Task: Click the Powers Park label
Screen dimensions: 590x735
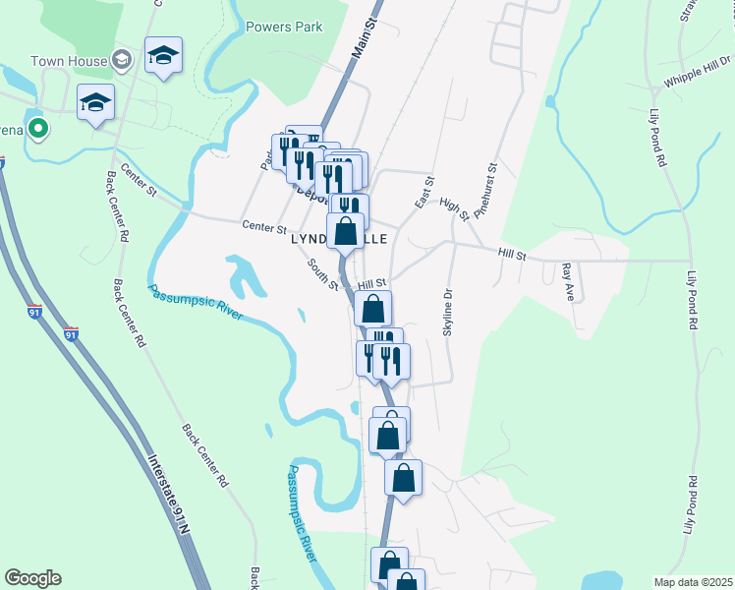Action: click(x=284, y=28)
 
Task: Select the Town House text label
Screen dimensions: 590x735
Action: click(x=69, y=61)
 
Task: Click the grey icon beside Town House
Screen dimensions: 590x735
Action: click(x=123, y=61)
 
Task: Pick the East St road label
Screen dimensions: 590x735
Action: click(x=425, y=193)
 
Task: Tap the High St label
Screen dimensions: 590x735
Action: click(x=454, y=208)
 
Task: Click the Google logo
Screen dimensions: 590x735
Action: click(x=32, y=578)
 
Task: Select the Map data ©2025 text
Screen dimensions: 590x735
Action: click(x=693, y=582)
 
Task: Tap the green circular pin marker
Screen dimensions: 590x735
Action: click(x=38, y=129)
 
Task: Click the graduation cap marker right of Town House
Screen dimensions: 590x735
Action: click(x=163, y=56)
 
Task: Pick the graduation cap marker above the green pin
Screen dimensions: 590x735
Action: click(x=96, y=103)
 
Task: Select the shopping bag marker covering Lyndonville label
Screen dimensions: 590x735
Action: click(x=346, y=234)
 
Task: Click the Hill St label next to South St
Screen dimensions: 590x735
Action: click(x=372, y=284)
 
